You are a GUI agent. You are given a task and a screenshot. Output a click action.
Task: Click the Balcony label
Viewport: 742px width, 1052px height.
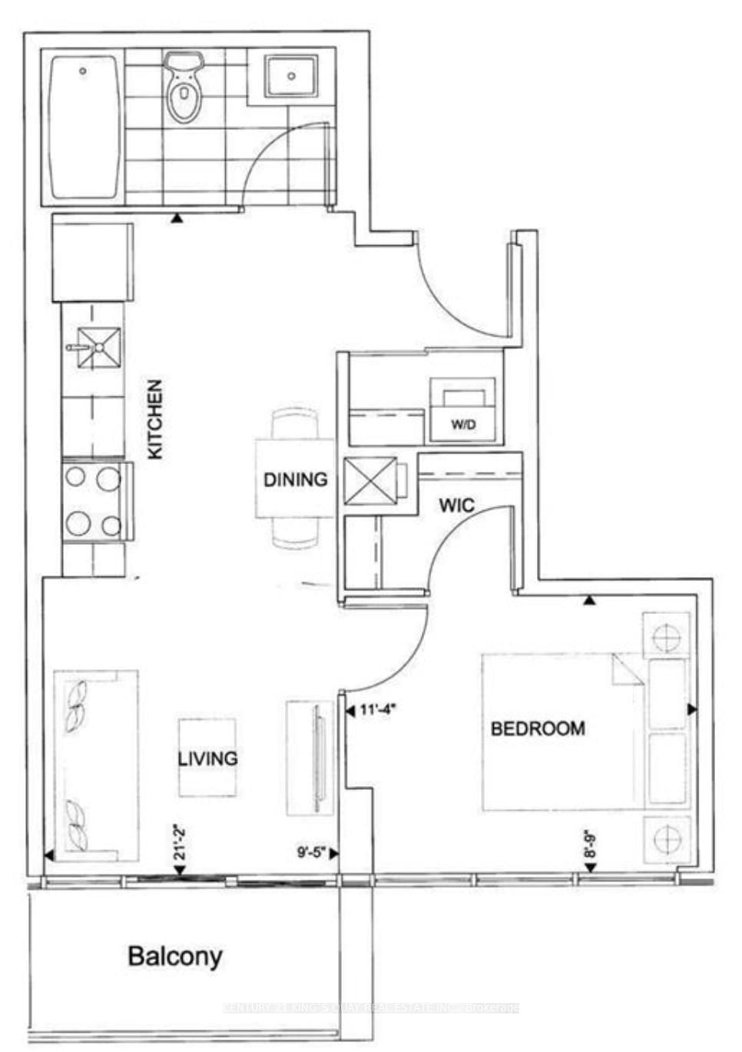tap(175, 957)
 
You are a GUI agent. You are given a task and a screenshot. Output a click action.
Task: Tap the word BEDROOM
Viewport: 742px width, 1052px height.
tap(538, 728)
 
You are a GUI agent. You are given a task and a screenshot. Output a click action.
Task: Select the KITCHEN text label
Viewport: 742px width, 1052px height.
tap(155, 420)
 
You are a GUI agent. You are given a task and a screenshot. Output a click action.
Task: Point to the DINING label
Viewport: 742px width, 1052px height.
tap(296, 480)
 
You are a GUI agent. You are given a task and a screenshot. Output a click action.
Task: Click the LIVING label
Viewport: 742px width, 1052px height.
tap(207, 758)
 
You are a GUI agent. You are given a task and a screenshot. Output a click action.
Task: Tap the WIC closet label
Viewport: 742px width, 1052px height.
tap(456, 506)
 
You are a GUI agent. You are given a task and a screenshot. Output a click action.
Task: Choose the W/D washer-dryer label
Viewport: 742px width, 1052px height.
tap(462, 424)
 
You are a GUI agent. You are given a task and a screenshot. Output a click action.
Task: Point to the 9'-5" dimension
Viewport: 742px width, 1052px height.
tap(312, 851)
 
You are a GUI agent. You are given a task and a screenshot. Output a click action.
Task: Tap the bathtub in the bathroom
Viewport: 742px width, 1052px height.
tap(84, 127)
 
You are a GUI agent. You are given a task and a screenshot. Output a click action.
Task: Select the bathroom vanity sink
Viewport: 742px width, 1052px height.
tap(291, 76)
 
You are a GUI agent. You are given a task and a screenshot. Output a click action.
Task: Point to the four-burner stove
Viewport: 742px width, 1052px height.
tap(93, 502)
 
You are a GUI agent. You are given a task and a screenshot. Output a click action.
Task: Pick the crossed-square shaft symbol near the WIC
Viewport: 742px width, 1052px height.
tap(371, 481)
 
